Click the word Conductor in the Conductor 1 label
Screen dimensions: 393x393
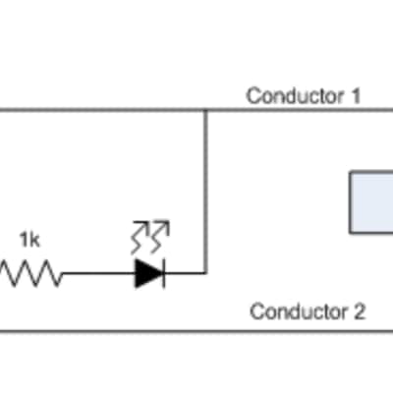point(295,96)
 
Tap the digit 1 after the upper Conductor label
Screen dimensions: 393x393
point(355,96)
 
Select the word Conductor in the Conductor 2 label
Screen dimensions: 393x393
point(299,311)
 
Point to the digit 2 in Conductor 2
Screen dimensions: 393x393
point(359,311)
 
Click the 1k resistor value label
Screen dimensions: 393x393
point(29,240)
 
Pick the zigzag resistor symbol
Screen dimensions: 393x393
point(31,273)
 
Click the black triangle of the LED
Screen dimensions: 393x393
point(148,273)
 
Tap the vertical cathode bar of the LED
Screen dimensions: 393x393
point(164,273)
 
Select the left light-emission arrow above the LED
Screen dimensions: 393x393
point(140,238)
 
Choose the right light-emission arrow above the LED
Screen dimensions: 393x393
point(160,237)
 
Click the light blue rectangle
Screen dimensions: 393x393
point(371,202)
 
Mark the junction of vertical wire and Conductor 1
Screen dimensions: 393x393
point(205,110)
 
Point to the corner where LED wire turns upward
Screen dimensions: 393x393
point(205,273)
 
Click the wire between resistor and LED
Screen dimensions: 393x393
point(98,273)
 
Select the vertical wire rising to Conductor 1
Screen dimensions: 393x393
point(205,192)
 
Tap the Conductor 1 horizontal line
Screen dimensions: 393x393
point(196,110)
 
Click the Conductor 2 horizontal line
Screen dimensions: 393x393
point(196,331)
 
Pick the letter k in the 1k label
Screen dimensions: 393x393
point(35,240)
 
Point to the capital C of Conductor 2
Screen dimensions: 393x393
point(257,311)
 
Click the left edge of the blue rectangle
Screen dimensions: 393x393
point(350,202)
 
